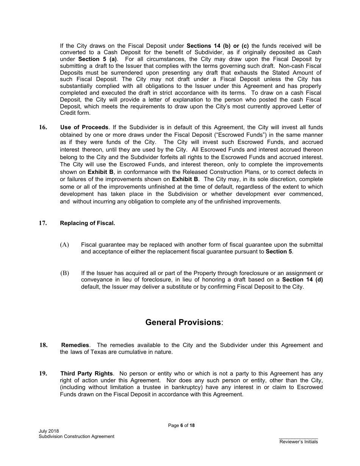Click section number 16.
coord(43,128)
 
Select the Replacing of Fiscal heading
coord(87,223)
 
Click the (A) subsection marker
coord(64,245)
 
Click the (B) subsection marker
coord(64,273)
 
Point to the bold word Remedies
coord(75,345)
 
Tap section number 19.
coord(43,374)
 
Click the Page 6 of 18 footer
coord(182,425)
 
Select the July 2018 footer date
coord(49,431)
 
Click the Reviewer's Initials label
coord(299,442)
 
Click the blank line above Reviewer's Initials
coord(299,438)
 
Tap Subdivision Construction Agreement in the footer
coord(76,436)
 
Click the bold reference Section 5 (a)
coord(97,59)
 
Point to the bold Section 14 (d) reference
coord(303,280)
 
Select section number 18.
coord(44,345)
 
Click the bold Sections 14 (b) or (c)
coord(218,46)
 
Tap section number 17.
coord(43,223)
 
